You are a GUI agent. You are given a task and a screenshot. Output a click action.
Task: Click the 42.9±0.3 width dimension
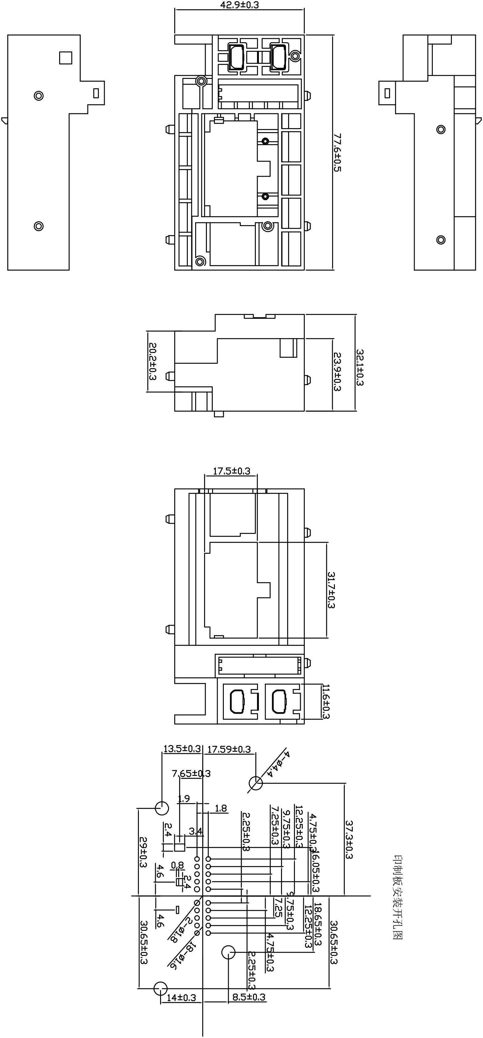[239, 5]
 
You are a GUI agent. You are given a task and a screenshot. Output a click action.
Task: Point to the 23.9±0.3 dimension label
[337, 372]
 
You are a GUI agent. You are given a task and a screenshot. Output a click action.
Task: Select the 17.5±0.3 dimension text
[231, 471]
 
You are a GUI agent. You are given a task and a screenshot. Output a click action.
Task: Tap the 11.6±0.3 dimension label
[326, 701]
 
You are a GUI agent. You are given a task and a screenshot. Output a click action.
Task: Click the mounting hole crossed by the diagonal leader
[256, 783]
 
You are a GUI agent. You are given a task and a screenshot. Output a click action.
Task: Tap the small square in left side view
[66, 58]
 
